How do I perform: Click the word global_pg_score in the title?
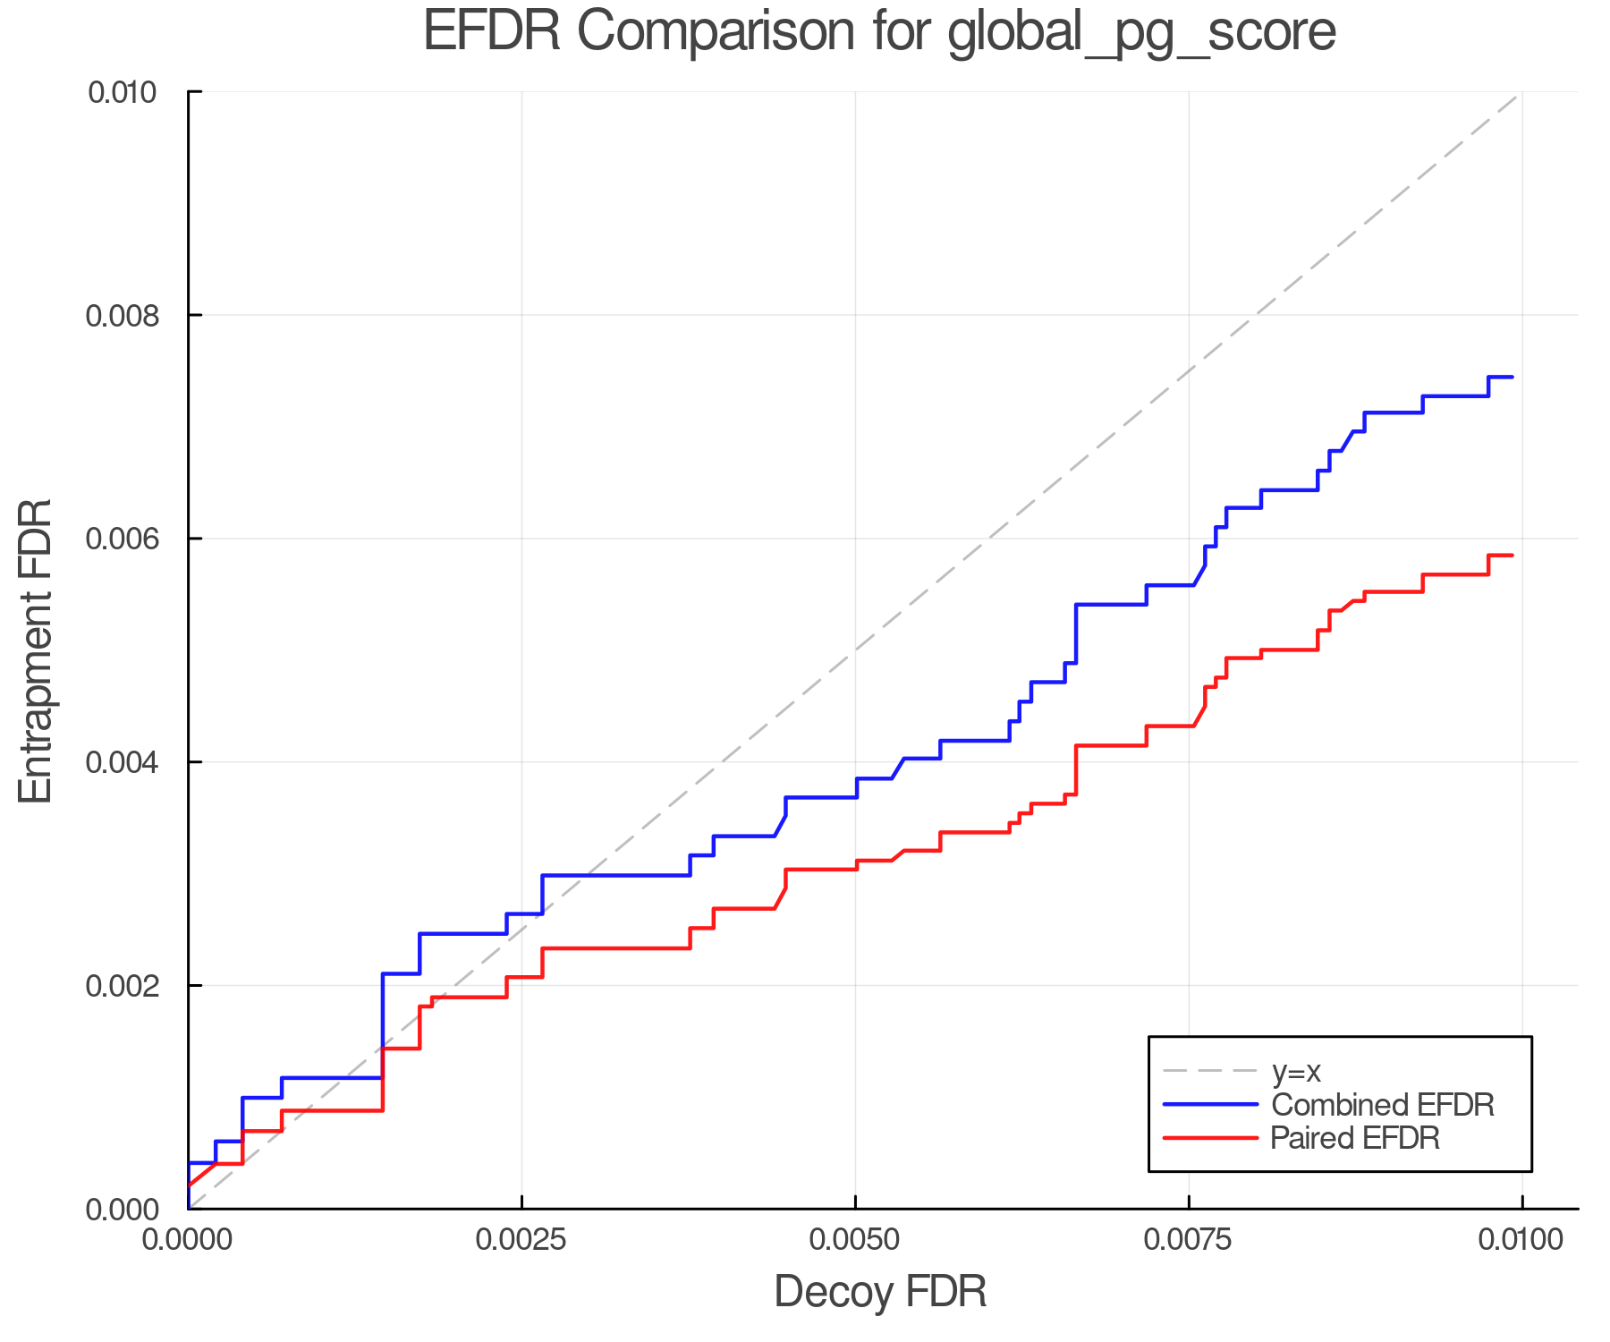point(1141,33)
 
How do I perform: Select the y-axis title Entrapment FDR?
point(36,650)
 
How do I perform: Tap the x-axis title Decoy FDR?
point(880,1292)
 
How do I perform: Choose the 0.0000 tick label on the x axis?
point(188,1240)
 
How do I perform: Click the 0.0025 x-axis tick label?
point(521,1240)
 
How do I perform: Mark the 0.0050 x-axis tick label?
point(855,1240)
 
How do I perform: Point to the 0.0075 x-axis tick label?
point(1189,1240)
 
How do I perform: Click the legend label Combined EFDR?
point(1382,1105)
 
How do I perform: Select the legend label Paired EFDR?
point(1355,1138)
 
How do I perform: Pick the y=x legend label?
point(1296,1071)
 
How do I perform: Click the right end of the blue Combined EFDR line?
point(1512,377)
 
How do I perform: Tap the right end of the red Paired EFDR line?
point(1512,556)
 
